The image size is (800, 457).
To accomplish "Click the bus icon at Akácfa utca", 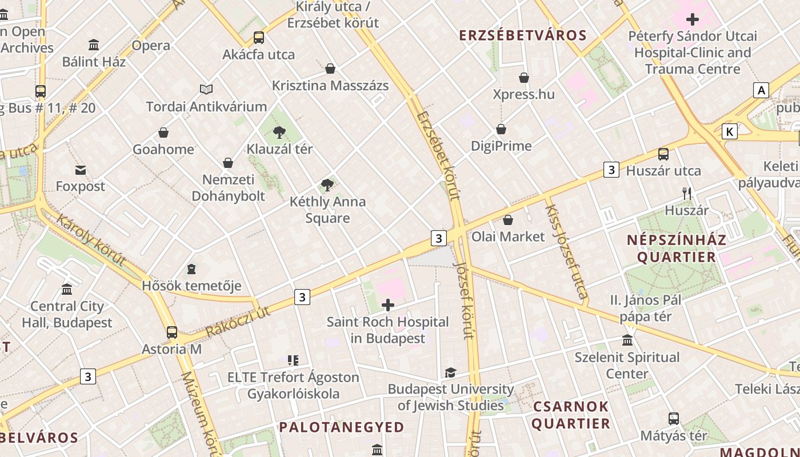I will [x=259, y=38].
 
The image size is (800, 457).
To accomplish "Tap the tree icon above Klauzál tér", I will [x=279, y=133].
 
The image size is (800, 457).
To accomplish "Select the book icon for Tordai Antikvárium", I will [x=206, y=89].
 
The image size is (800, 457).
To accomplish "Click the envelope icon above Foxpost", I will [x=81, y=170].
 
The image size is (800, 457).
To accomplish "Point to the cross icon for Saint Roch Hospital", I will [x=388, y=305].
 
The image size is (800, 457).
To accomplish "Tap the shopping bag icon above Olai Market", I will [x=508, y=220].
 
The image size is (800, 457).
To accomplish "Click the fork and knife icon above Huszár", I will [x=687, y=194].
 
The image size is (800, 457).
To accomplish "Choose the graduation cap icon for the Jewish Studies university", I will [x=450, y=373].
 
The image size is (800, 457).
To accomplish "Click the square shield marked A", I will [x=761, y=90].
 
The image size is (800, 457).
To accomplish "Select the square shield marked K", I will [x=729, y=132].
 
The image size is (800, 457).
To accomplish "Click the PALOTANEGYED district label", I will [x=341, y=427].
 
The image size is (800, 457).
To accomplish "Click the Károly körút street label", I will [x=91, y=240].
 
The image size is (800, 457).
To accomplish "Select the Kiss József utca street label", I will [x=566, y=248].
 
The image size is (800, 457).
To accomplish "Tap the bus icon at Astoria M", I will [x=172, y=332].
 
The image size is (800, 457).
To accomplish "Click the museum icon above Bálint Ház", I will [x=94, y=45].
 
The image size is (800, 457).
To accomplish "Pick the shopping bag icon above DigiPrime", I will [x=501, y=129].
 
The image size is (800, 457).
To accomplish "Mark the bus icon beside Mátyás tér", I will [x=674, y=419].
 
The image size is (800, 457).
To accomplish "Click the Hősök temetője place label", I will [x=191, y=286].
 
